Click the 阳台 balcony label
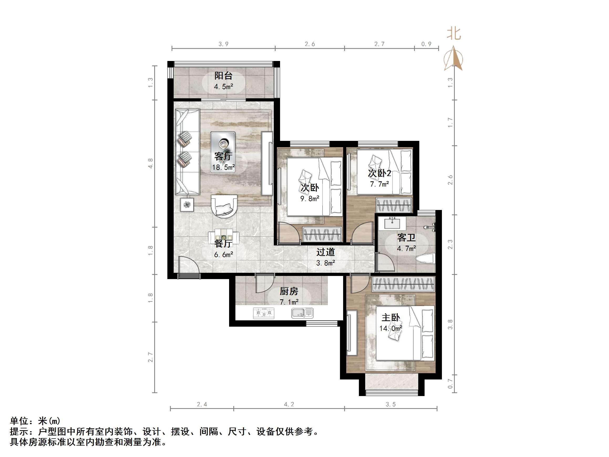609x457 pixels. (x=223, y=75)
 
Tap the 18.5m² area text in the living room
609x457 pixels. (x=223, y=167)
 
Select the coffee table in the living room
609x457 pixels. (x=223, y=152)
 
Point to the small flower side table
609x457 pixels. (x=187, y=205)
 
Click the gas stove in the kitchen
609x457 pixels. (x=264, y=313)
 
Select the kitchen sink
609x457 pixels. (x=302, y=313)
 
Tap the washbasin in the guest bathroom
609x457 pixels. (x=392, y=223)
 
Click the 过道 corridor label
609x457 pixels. (x=326, y=252)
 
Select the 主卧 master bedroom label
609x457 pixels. (x=390, y=318)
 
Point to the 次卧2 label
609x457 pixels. (x=379, y=173)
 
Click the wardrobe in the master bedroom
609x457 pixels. (x=403, y=284)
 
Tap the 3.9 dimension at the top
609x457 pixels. (x=223, y=44)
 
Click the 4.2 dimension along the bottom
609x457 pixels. (x=289, y=404)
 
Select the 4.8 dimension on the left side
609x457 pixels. (x=150, y=163)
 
